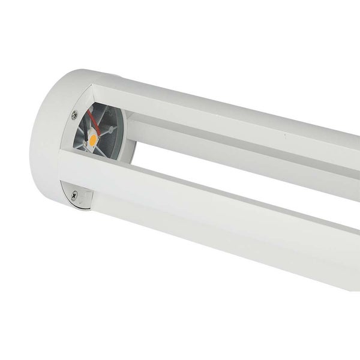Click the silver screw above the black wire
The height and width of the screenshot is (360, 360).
(74, 115)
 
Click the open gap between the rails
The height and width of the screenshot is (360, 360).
(180, 165)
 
